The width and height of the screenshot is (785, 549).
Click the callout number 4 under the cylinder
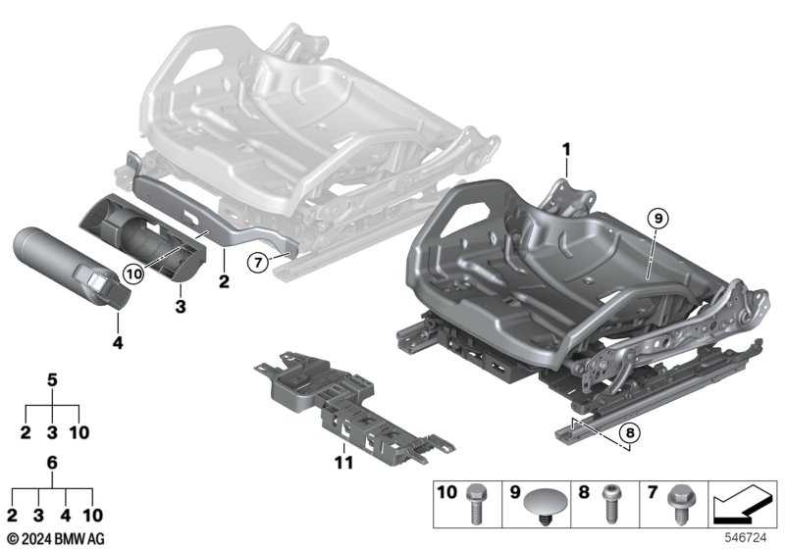118,344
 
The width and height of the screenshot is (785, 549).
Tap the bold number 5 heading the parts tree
53,378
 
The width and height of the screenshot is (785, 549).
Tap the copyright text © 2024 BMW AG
55,538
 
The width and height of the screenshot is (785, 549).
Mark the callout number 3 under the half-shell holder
180,308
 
